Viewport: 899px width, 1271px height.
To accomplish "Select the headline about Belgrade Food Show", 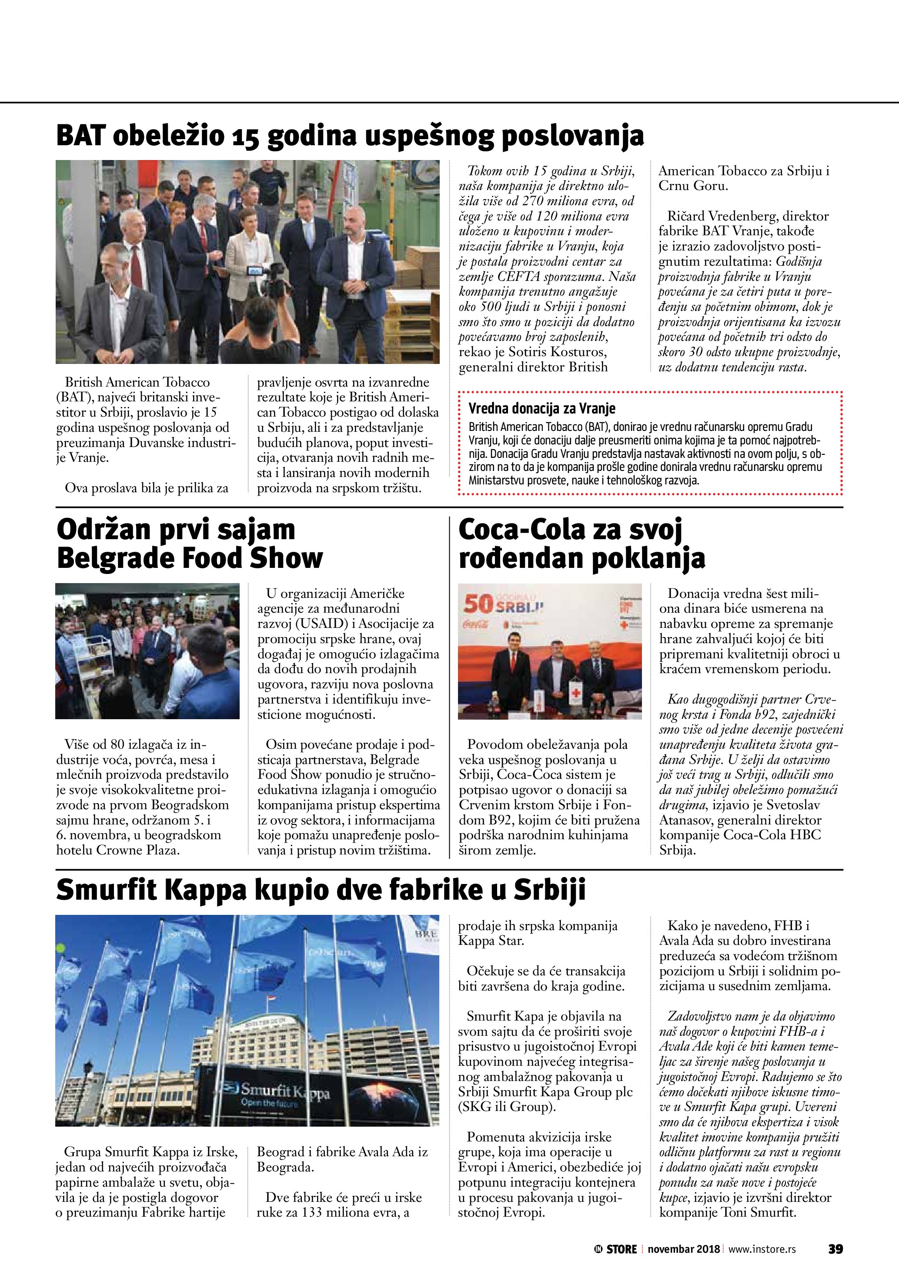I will (x=189, y=544).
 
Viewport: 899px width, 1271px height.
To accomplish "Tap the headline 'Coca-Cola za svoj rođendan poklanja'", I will (x=581, y=544).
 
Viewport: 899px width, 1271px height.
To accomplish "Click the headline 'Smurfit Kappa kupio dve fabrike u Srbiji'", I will (x=321, y=891).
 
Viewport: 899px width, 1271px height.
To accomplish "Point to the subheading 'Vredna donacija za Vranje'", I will (x=541, y=409).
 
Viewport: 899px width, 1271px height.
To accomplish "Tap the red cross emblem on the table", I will (x=576, y=694).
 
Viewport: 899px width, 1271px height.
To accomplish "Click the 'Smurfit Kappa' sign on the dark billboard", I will (x=282, y=1091).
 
